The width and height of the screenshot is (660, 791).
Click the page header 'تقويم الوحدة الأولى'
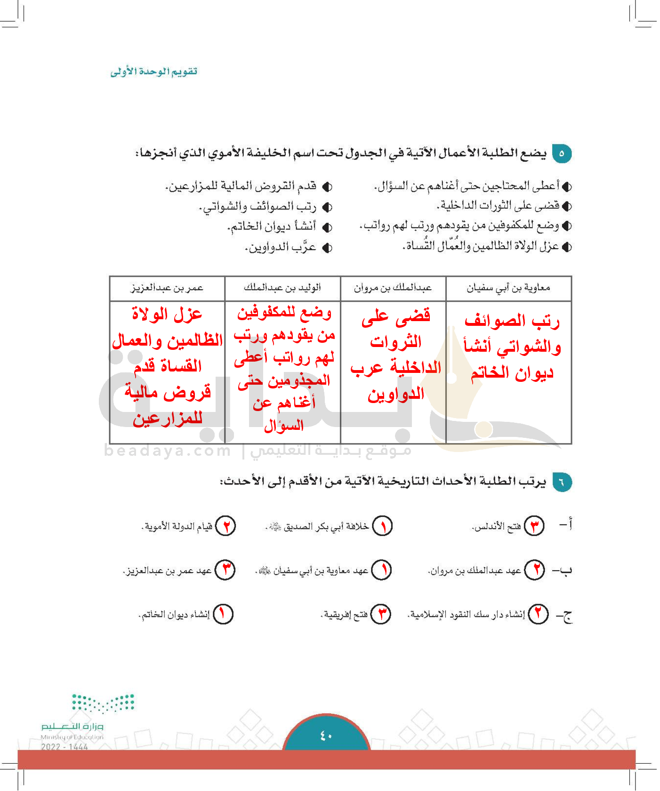pyautogui.click(x=154, y=72)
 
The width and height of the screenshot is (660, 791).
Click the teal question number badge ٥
pyautogui.click(x=562, y=153)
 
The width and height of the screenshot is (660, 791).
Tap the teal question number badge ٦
pyautogui.click(x=562, y=482)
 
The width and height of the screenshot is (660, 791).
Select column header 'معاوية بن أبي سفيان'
pyautogui.click(x=508, y=288)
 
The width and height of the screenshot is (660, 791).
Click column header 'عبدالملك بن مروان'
pyautogui.click(x=393, y=288)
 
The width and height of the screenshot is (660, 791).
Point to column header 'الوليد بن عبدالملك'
pyautogui.click(x=282, y=288)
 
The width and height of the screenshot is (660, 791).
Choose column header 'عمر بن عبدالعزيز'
pyautogui.click(x=167, y=288)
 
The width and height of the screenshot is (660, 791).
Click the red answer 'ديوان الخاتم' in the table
pyautogui.click(x=512, y=373)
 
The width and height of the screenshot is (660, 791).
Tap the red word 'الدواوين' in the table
pyautogui.click(x=396, y=394)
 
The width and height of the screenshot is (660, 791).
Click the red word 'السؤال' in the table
pyautogui.click(x=283, y=426)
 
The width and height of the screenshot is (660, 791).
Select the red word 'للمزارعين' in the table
pyautogui.click(x=168, y=419)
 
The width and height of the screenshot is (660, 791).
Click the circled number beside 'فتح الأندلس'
pyautogui.click(x=534, y=526)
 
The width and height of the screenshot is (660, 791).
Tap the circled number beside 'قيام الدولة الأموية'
pyautogui.click(x=225, y=526)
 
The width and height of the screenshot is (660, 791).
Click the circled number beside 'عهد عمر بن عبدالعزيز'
pyautogui.click(x=225, y=570)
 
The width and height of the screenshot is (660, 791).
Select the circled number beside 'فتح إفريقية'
pyautogui.click(x=381, y=614)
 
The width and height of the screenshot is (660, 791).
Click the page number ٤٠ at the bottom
pyautogui.click(x=326, y=735)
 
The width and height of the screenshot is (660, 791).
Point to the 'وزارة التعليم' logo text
pyautogui.click(x=72, y=726)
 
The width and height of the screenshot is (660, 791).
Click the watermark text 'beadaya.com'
pyautogui.click(x=168, y=451)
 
